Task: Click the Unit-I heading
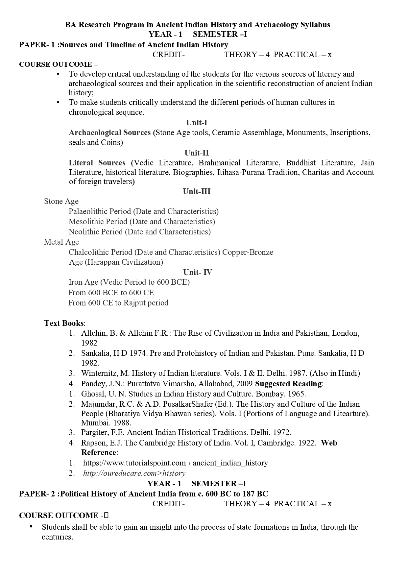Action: coord(197,123)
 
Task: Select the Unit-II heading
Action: coord(197,153)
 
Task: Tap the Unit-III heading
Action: coord(197,191)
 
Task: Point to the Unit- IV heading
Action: coord(198,272)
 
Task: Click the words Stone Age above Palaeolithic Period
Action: coord(61,201)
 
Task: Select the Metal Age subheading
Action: coord(61,242)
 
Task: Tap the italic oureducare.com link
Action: coord(134,473)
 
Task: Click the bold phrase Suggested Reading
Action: coord(288,384)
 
